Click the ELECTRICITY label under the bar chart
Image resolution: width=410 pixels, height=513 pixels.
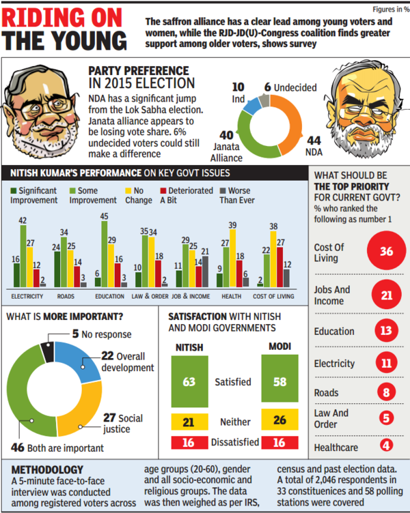27,296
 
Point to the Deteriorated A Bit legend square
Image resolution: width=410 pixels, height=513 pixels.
154,191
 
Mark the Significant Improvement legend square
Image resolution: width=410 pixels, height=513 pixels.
13,191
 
